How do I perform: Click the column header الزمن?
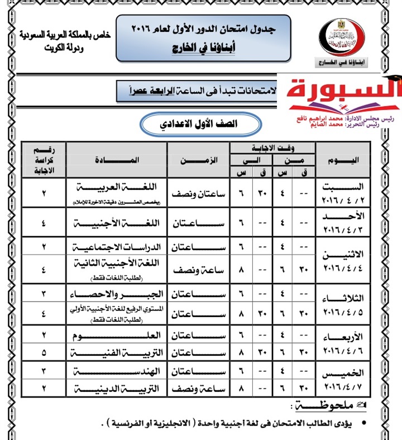pyautogui.click(x=198, y=160)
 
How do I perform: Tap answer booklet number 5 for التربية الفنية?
pyautogui.click(x=44, y=352)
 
